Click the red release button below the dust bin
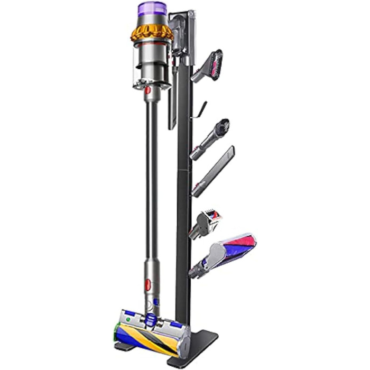point(148,91)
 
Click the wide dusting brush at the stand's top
point(210,63)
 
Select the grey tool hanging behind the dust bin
point(172,108)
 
